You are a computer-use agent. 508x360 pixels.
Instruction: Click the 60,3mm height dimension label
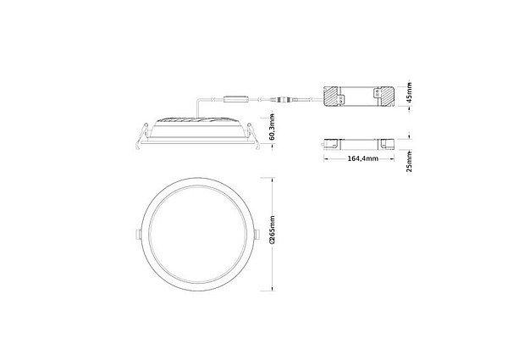(x=273, y=127)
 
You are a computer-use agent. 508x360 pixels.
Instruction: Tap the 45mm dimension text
(x=410, y=92)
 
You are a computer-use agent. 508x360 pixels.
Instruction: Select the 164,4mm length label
(x=363, y=158)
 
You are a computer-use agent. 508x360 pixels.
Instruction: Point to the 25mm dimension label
(x=410, y=162)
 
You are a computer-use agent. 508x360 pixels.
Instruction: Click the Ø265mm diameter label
(x=273, y=230)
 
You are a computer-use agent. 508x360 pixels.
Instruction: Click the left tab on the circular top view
(x=138, y=235)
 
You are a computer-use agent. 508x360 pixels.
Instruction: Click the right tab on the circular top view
(x=257, y=235)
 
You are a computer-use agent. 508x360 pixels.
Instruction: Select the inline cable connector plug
(x=282, y=98)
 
